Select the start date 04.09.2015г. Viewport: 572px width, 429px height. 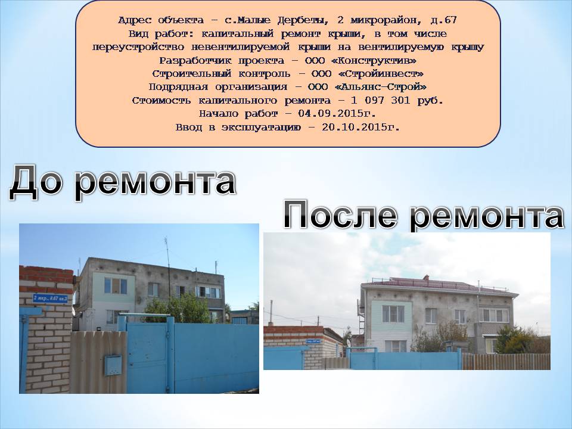(x=337, y=113)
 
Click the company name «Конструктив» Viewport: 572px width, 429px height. (x=378, y=60)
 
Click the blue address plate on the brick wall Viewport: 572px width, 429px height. (x=50, y=299)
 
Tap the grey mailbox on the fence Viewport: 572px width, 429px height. (x=113, y=365)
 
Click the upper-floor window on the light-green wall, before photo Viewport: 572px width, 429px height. (x=116, y=285)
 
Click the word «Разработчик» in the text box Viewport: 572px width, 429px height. (x=195, y=60)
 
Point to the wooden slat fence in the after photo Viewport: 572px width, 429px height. (x=506, y=361)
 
